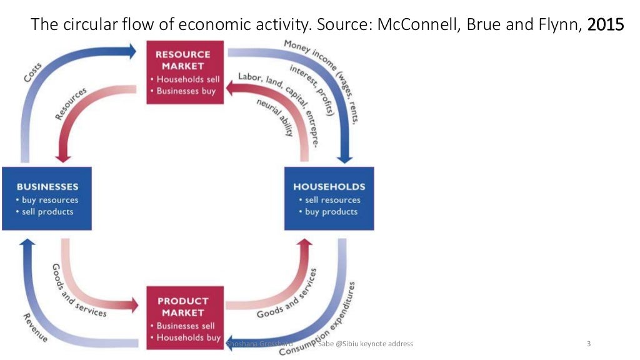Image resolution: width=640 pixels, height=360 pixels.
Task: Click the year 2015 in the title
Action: [606, 25]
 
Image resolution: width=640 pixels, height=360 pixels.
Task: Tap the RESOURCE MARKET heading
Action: [182, 60]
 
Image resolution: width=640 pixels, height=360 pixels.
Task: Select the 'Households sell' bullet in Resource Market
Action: [186, 79]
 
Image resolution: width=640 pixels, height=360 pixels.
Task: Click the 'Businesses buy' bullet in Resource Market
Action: [184, 91]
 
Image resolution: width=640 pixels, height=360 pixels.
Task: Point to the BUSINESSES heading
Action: [47, 186]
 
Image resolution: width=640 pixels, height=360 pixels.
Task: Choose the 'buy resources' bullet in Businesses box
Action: [48, 200]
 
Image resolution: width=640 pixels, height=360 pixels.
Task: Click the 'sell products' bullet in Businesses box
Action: [45, 212]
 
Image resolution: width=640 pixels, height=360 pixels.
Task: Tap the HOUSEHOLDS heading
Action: [329, 186]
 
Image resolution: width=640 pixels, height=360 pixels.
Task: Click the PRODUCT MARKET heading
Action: [182, 306]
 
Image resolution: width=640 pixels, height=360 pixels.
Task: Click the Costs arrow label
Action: [33, 72]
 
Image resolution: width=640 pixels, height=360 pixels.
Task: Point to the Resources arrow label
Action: [71, 104]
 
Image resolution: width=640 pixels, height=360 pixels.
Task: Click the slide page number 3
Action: [589, 344]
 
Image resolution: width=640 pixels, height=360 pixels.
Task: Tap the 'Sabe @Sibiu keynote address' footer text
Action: [365, 344]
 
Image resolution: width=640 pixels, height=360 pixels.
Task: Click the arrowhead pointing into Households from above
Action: [344, 157]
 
